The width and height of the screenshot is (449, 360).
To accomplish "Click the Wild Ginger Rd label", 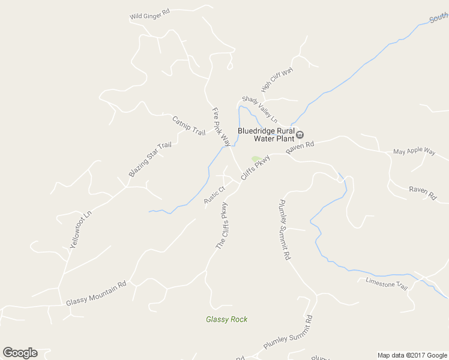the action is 149,14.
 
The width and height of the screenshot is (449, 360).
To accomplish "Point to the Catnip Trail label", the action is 188,125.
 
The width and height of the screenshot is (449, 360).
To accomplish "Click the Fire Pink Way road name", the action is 221,127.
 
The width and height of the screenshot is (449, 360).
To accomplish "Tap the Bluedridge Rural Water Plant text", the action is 266,134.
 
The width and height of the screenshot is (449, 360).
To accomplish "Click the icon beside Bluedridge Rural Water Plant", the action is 300,134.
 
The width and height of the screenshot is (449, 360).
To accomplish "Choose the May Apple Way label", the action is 414,152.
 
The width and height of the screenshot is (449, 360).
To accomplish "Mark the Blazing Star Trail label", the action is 150,160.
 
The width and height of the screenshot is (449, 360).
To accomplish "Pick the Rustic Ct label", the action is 214,195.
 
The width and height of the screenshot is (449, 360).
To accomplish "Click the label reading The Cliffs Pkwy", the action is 222,226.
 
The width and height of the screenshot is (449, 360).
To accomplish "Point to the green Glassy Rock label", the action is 226,319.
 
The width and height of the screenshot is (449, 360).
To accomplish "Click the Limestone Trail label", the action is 387,283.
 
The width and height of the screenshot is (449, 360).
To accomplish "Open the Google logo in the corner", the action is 20,353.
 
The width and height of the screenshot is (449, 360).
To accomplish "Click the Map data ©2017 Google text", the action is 411,355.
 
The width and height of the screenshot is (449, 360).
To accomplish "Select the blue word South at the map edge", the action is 439,19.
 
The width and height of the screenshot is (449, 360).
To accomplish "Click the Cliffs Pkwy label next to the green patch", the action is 255,167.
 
